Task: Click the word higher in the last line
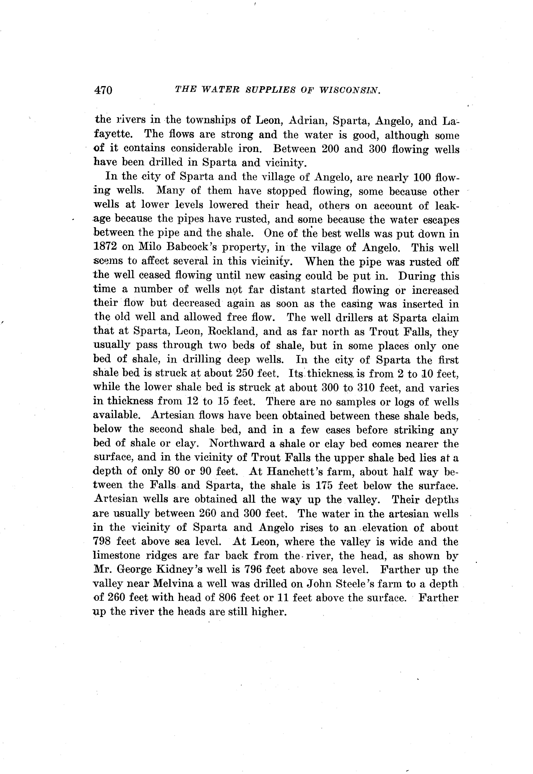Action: coord(269,612)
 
